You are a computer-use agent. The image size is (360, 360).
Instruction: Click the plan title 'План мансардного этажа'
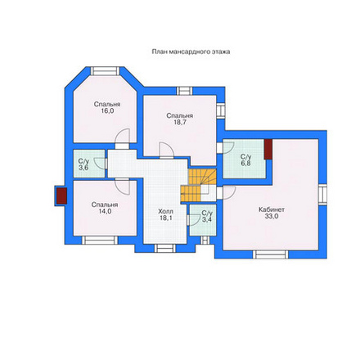pyautogui.click(x=191, y=52)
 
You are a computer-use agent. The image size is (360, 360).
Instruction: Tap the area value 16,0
pyautogui.click(x=107, y=110)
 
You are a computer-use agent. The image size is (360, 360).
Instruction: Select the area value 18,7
pyautogui.click(x=180, y=122)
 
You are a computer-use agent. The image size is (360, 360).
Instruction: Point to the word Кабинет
pyautogui.click(x=272, y=209)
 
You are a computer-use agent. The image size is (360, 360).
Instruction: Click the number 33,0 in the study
pyautogui.click(x=272, y=216)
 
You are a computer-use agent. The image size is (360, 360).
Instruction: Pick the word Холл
pyautogui.click(x=165, y=211)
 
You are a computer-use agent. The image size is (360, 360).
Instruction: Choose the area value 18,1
pyautogui.click(x=166, y=218)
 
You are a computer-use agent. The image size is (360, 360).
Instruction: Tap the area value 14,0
pyautogui.click(x=105, y=211)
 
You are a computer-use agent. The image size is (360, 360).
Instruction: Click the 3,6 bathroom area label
pyautogui.click(x=83, y=168)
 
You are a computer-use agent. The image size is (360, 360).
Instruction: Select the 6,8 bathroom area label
pyautogui.click(x=245, y=164)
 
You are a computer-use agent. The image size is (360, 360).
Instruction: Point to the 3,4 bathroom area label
pyautogui.click(x=207, y=219)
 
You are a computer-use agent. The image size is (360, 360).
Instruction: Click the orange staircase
pyautogui.click(x=198, y=186)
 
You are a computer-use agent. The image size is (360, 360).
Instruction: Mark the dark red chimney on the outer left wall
pyautogui.click(x=61, y=196)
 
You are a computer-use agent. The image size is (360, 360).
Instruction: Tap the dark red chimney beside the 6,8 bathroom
pyautogui.click(x=268, y=149)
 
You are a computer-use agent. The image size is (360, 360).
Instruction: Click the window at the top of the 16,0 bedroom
pyautogui.click(x=106, y=71)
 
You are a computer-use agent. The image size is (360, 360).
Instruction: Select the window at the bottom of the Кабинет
pyautogui.click(x=271, y=254)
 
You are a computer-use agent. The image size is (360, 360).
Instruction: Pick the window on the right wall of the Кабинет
pyautogui.click(x=322, y=195)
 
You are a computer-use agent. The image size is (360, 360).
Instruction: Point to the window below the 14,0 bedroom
pyautogui.click(x=100, y=240)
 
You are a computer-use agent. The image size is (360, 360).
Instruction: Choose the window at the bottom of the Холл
pyautogui.click(x=165, y=248)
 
